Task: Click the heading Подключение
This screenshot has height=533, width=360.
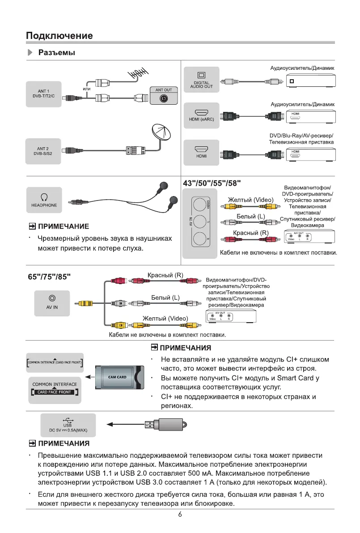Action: tap(59, 35)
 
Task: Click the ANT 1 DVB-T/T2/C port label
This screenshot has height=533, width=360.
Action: tap(43, 93)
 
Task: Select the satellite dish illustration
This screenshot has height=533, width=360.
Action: tap(163, 133)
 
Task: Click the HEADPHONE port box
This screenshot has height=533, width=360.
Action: tap(44, 200)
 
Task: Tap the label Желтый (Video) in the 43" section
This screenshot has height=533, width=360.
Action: tap(250, 199)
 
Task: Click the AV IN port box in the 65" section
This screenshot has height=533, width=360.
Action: tap(52, 303)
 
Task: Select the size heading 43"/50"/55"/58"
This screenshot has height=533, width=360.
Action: tap(212, 183)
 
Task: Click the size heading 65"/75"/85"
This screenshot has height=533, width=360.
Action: tap(49, 276)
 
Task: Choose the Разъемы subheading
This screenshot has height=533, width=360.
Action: tap(56, 53)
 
